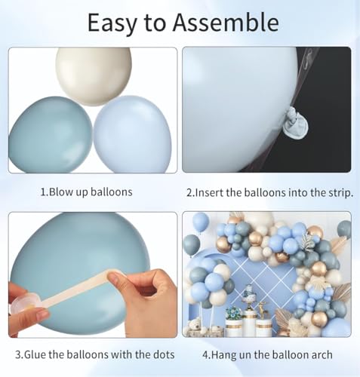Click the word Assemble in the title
226,23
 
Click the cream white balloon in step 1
94,76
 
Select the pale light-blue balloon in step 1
133,134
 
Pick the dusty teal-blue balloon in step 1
51,135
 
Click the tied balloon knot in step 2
295,122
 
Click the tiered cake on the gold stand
248,291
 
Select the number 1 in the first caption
43,192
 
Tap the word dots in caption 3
164,354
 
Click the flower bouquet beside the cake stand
234,314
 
